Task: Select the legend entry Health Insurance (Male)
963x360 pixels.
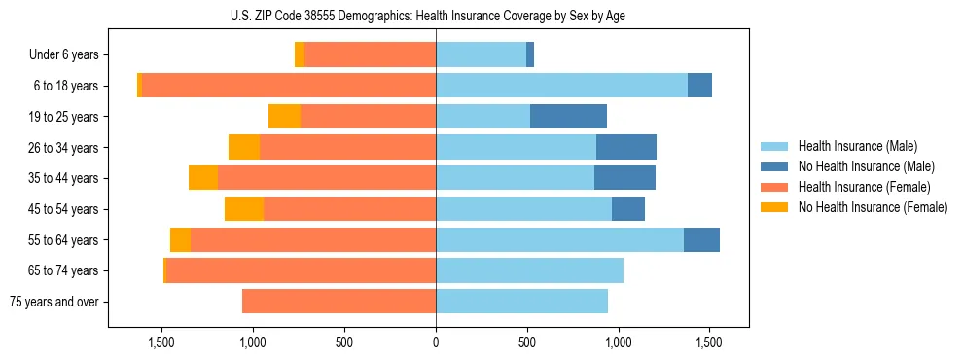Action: click(x=856, y=146)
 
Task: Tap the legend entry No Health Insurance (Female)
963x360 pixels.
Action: click(x=873, y=207)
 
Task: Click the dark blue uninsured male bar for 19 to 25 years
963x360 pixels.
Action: click(x=568, y=117)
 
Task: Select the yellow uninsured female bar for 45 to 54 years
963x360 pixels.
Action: click(x=244, y=209)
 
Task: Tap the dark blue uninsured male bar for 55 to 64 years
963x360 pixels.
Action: click(x=701, y=240)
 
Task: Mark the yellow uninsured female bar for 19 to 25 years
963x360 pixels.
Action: click(x=284, y=117)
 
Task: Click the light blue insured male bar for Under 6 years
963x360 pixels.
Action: click(x=481, y=54)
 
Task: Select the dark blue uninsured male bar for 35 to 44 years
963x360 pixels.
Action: click(x=624, y=178)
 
